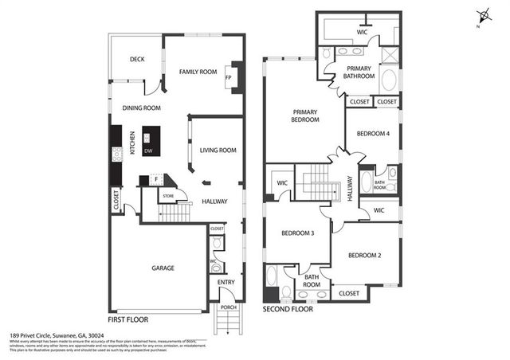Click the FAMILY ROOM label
[x=198, y=72]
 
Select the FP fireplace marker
[x=229, y=78]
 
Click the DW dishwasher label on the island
[x=148, y=151]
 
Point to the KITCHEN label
[x=131, y=148]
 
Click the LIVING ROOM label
[x=218, y=150]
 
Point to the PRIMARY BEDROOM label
[x=305, y=115]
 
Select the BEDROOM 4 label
[x=372, y=134]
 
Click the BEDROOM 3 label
[x=297, y=233]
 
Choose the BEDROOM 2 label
[x=364, y=255]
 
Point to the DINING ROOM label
[x=142, y=108]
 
